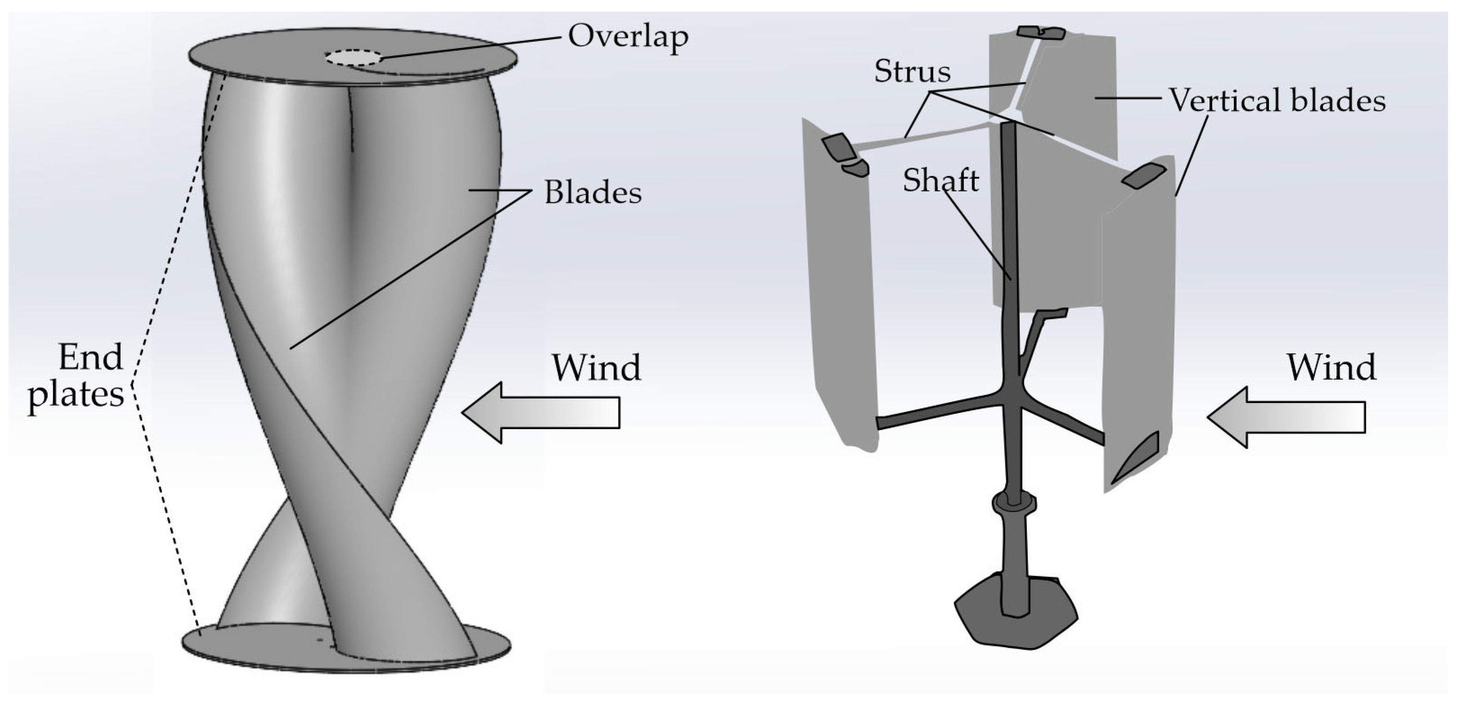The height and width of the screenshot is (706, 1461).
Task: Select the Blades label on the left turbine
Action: point(593,194)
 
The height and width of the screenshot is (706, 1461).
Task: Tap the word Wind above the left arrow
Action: point(596,368)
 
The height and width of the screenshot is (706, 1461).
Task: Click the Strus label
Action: point(912,72)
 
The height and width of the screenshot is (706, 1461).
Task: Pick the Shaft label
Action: point(941,181)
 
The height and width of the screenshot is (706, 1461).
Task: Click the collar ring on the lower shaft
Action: point(1014,503)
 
